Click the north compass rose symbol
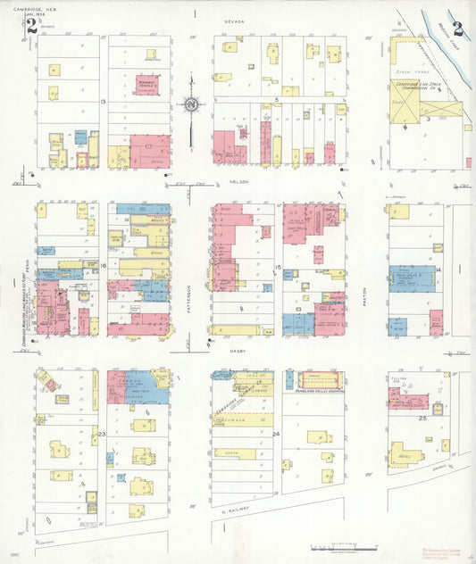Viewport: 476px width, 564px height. click(x=191, y=107)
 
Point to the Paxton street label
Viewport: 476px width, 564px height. click(x=365, y=295)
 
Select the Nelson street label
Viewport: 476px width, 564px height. click(x=238, y=181)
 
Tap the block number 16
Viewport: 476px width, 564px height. click(x=104, y=266)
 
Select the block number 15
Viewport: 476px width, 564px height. click(x=278, y=267)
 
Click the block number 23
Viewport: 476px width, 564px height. click(x=102, y=434)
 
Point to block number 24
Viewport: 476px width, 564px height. click(x=276, y=434)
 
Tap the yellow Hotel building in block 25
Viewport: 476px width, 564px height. click(x=407, y=456)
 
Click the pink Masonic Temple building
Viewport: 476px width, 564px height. click(x=146, y=84)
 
